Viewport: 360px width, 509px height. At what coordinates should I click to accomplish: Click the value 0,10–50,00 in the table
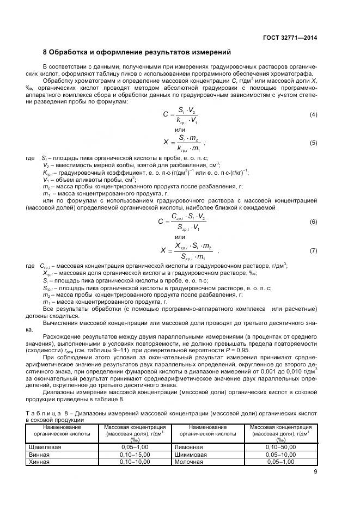280,446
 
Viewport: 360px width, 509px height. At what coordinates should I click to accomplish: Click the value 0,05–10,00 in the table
280,454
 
